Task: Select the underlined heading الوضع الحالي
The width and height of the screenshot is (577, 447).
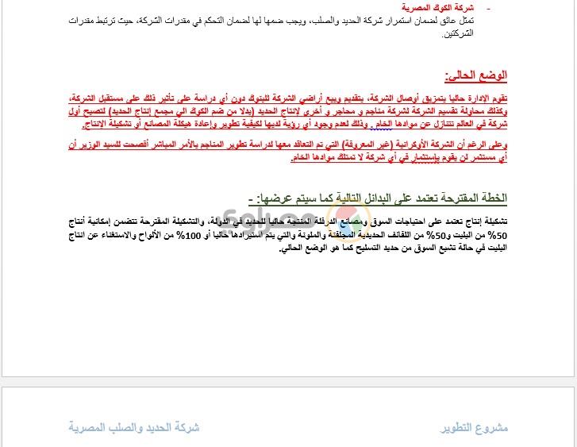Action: (x=476, y=75)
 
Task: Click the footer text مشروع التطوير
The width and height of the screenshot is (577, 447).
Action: (x=474, y=428)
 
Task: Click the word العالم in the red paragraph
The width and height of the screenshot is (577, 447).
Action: (x=474, y=125)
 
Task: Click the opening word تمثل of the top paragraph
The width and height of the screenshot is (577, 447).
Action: (x=498, y=20)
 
